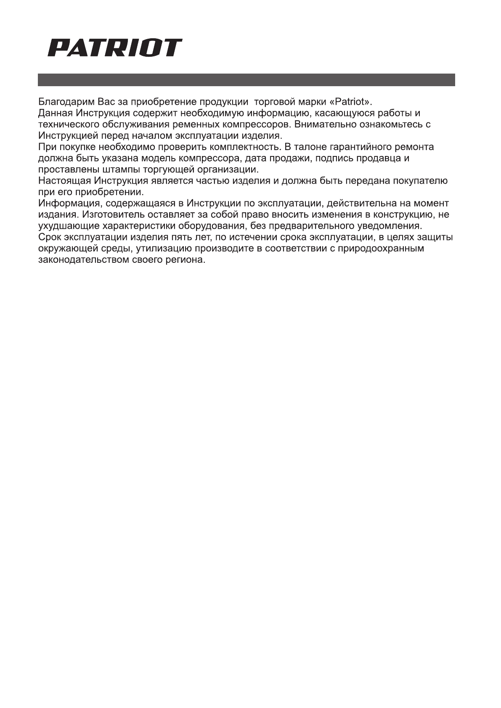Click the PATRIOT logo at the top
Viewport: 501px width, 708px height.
click(114, 48)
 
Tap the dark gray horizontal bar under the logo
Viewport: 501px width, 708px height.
click(247, 80)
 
